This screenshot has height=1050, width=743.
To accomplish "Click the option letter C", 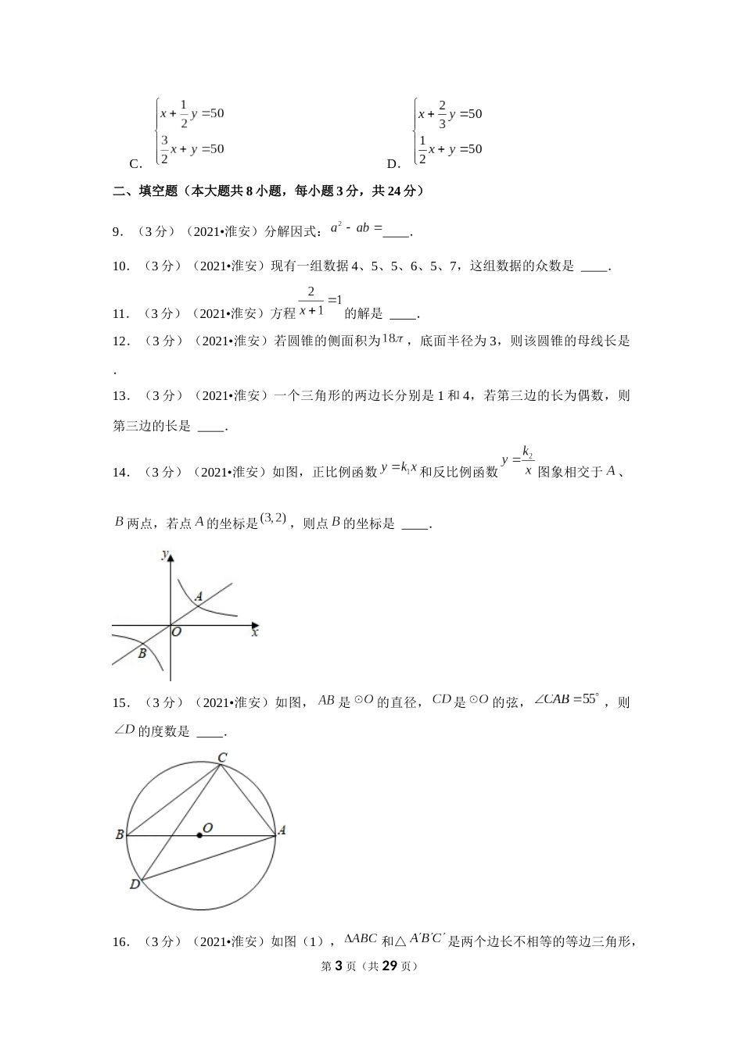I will click(135, 164).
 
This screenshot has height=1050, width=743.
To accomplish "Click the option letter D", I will click(393, 164).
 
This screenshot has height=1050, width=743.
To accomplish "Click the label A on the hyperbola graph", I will click(199, 598).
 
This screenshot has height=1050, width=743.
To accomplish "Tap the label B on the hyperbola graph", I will click(142, 653).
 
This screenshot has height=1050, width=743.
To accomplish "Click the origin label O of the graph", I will click(177, 632).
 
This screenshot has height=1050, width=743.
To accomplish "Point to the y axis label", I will click(163, 555).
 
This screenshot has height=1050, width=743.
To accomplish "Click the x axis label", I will click(255, 633).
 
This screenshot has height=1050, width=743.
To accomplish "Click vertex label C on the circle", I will click(222, 757).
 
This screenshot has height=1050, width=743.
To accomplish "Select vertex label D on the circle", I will click(135, 884).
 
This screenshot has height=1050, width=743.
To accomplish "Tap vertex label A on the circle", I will click(282, 830).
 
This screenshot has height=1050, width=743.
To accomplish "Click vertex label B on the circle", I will click(120, 834).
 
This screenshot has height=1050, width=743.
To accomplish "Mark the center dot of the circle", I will click(199, 836).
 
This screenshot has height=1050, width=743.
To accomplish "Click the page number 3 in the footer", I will click(339, 966).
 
